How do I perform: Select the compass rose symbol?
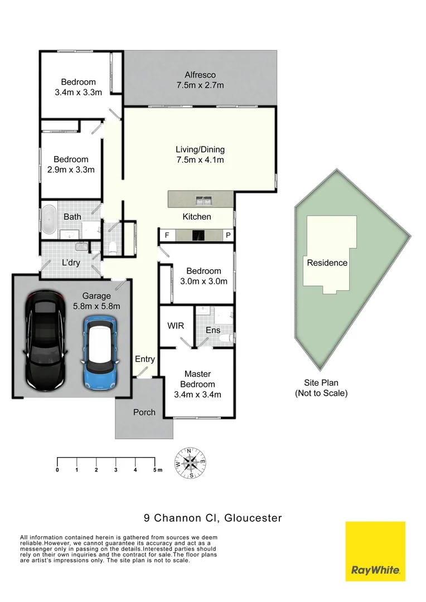190,463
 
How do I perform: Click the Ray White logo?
375,551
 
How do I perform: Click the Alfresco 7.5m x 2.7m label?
200,80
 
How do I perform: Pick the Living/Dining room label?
200,154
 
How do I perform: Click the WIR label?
176,326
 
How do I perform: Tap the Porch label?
144,412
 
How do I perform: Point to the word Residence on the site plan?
327,263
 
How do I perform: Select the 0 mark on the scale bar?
57,470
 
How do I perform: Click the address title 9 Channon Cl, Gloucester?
212,518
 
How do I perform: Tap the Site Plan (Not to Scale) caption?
321,388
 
